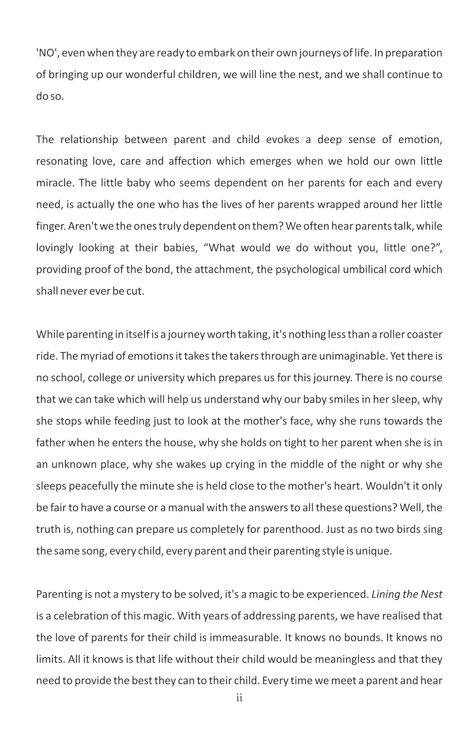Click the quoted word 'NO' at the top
(47, 53)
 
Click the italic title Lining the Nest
(407, 594)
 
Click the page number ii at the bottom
(239, 698)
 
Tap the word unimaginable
(353, 356)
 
